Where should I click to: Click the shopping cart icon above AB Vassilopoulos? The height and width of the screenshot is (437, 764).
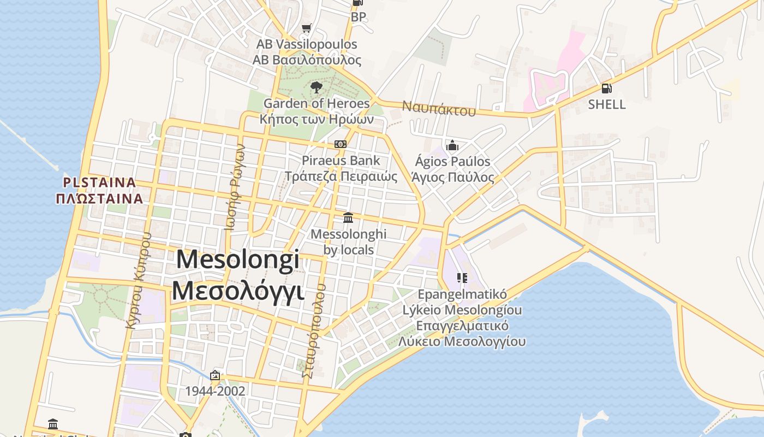tap(306, 28)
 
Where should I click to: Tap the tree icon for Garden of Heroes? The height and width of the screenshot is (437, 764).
tap(316, 87)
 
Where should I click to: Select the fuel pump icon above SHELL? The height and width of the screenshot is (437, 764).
tap(606, 88)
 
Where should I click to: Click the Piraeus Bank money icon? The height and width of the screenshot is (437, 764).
tap(341, 144)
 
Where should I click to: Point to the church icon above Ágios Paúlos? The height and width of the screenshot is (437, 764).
tap(452, 145)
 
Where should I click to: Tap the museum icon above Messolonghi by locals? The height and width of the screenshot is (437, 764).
tap(348, 218)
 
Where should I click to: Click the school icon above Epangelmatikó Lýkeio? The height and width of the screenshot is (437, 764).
tap(462, 278)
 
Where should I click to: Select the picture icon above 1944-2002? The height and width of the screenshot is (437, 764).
tap(215, 375)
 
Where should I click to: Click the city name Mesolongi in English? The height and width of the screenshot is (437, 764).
tap(238, 259)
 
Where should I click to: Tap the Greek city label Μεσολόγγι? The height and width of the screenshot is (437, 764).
tap(238, 290)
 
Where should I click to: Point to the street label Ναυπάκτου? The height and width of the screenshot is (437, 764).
tap(439, 108)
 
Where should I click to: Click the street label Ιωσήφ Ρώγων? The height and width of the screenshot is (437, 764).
tap(235, 187)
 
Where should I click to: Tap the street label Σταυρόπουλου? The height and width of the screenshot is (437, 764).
tap(314, 330)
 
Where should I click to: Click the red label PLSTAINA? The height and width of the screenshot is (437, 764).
tap(99, 182)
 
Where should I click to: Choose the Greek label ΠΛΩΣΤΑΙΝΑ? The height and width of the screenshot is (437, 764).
tap(99, 198)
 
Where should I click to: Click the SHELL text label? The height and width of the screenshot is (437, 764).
tap(607, 104)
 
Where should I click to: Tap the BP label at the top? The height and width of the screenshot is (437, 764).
tap(359, 17)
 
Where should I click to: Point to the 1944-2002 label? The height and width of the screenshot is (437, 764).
tap(215, 391)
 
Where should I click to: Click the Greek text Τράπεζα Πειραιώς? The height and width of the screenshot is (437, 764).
tap(341, 176)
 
